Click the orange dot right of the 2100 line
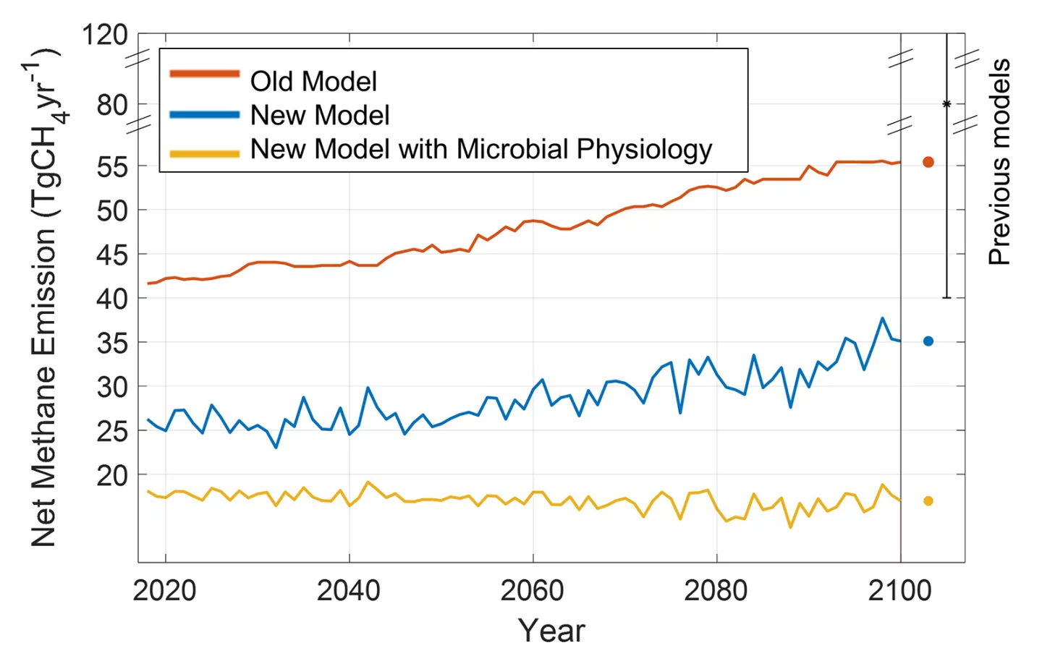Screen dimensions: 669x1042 click(x=928, y=162)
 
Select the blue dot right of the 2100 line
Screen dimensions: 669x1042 click(x=928, y=341)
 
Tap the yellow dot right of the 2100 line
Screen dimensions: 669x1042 click(x=928, y=500)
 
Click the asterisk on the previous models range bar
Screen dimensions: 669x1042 click(x=946, y=105)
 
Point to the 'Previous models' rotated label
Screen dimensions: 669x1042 click(x=999, y=162)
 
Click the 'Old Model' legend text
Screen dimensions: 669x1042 click(x=313, y=82)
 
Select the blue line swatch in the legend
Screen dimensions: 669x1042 click(x=204, y=114)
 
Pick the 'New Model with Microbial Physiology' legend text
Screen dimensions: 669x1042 click(x=481, y=149)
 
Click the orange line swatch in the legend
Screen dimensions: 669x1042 click(x=204, y=74)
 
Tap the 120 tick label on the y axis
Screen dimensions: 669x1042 click(x=105, y=35)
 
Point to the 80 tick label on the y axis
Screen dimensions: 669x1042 click(x=112, y=105)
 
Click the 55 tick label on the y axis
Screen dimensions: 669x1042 click(x=112, y=167)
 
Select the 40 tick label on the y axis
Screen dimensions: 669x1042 click(x=112, y=298)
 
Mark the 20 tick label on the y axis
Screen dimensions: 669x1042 click(x=112, y=475)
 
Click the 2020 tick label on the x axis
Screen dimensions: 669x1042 click(x=164, y=591)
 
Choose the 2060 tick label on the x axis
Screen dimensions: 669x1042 click(x=532, y=591)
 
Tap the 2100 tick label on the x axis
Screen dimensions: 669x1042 click(x=899, y=591)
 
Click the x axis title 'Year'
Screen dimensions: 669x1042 click(x=551, y=631)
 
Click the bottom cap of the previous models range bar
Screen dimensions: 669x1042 click(x=946, y=297)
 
